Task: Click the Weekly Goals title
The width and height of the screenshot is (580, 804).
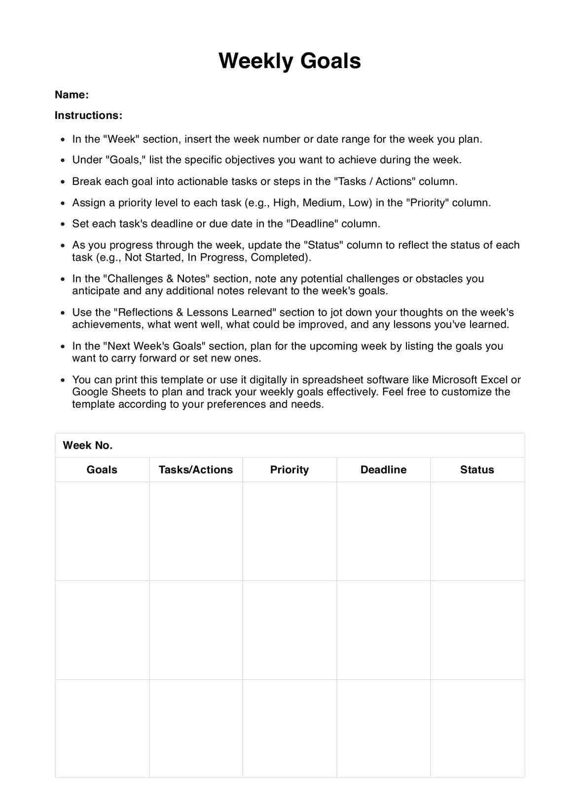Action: tap(290, 61)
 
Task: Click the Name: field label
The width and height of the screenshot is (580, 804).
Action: tap(72, 95)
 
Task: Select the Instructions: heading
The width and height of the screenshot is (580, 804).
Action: tap(88, 115)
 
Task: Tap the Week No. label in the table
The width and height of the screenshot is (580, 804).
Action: tap(88, 445)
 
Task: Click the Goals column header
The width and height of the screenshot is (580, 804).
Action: tap(102, 470)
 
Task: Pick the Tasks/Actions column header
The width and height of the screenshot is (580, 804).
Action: tap(196, 470)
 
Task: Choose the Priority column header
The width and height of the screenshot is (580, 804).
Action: tap(290, 470)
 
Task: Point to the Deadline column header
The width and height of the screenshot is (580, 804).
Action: tap(383, 470)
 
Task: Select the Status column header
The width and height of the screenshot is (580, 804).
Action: tap(477, 470)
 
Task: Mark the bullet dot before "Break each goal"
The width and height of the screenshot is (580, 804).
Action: tap(63, 182)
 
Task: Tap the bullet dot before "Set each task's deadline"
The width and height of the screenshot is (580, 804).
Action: tap(63, 224)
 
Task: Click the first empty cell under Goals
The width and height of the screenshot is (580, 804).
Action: tap(102, 531)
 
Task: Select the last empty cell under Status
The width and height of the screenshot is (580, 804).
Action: tap(477, 728)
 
